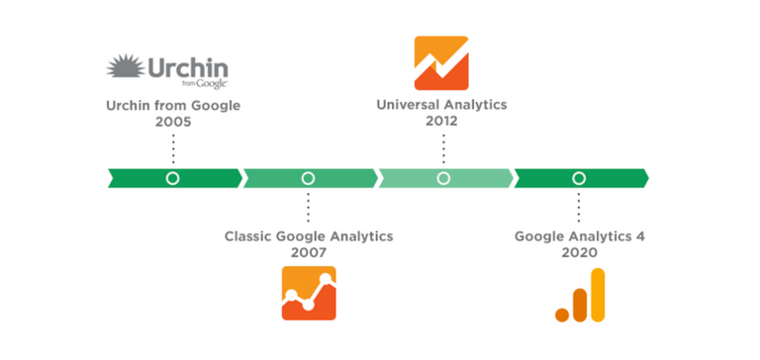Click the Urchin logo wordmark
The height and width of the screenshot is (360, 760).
[188, 68]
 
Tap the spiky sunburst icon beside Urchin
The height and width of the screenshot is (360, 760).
[127, 70]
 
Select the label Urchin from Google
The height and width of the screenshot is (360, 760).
[172, 105]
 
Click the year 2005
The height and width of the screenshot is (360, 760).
[172, 123]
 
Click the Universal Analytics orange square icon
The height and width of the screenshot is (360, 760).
[441, 62]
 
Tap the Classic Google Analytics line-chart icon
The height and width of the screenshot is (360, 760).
[309, 294]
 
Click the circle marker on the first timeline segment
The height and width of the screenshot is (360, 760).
[173, 178]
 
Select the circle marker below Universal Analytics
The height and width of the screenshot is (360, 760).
[443, 178]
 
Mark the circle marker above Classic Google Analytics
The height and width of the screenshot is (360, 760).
[308, 178]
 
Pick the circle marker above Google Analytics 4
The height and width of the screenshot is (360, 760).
[579, 178]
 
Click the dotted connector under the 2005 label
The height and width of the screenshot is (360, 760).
[173, 148]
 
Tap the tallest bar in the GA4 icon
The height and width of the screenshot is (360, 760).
[596, 294]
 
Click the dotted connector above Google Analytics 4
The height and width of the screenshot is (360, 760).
[579, 208]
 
